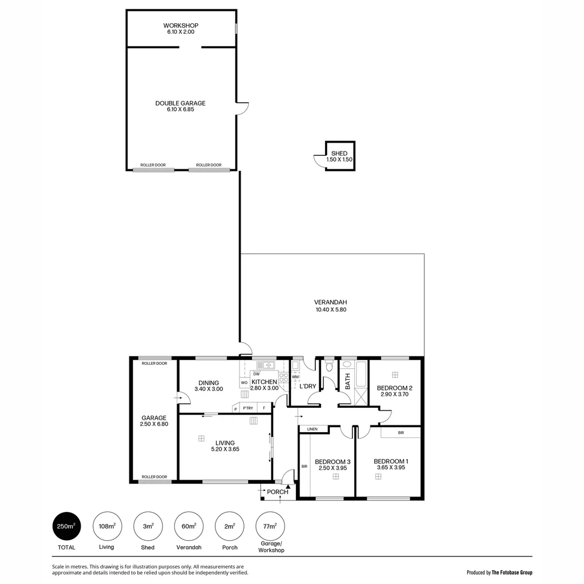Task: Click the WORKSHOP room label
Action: [181, 25]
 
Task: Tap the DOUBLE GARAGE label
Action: [180, 103]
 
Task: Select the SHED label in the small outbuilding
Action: [340, 154]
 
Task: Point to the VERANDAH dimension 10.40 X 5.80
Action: [330, 310]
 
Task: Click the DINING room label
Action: [208, 383]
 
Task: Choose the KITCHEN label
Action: [264, 382]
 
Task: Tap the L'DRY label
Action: [307, 386]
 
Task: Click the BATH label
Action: [348, 382]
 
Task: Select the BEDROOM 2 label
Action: [395, 388]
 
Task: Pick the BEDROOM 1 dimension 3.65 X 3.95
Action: [390, 468]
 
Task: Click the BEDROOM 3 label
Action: [333, 462]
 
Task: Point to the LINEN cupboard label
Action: [313, 429]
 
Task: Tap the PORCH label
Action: [277, 492]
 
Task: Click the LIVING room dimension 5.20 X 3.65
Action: [225, 449]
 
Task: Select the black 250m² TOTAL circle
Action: [67, 526]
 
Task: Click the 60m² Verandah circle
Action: [189, 526]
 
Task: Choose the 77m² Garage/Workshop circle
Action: [270, 526]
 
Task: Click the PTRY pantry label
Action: [248, 408]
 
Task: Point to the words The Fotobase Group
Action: [512, 572]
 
